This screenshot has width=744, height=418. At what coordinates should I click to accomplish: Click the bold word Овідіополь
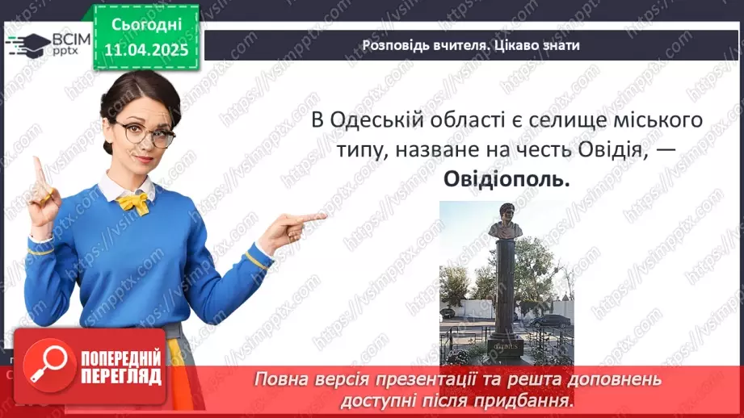pyautogui.click(x=507, y=181)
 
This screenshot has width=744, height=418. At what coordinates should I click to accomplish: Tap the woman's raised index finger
pyautogui.click(x=37, y=170)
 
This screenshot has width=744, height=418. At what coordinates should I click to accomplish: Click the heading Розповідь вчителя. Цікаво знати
pyautogui.click(x=471, y=45)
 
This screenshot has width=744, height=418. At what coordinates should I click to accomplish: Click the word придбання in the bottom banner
pyautogui.click(x=532, y=399)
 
